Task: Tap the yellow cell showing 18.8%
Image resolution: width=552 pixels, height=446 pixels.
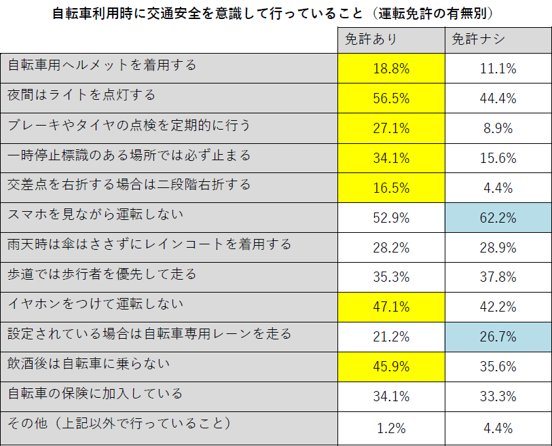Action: pos(391,69)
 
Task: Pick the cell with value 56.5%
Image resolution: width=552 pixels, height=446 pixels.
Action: pos(391,98)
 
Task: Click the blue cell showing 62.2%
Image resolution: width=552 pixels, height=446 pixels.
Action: pos(498,218)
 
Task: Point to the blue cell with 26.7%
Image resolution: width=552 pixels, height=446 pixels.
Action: pos(498,337)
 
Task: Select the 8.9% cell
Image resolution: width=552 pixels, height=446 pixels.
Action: pos(498,128)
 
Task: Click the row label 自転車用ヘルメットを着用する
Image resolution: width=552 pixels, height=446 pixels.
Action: pos(102,66)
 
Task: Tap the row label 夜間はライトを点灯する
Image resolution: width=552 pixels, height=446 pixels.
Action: pos(81,96)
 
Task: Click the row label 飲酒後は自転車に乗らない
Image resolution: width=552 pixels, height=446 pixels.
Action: pos(88,365)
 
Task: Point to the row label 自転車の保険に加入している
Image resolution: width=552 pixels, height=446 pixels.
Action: pos(94,394)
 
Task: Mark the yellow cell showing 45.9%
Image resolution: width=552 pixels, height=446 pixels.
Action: pos(391,367)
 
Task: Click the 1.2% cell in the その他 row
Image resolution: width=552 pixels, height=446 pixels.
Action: pos(391,428)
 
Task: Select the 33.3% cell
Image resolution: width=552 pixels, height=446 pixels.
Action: pos(498,396)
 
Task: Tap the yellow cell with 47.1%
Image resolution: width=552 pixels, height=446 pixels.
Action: pos(391,307)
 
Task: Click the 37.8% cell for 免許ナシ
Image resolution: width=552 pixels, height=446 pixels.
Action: pos(498,277)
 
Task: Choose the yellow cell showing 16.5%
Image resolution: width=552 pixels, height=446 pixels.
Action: pos(391,187)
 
